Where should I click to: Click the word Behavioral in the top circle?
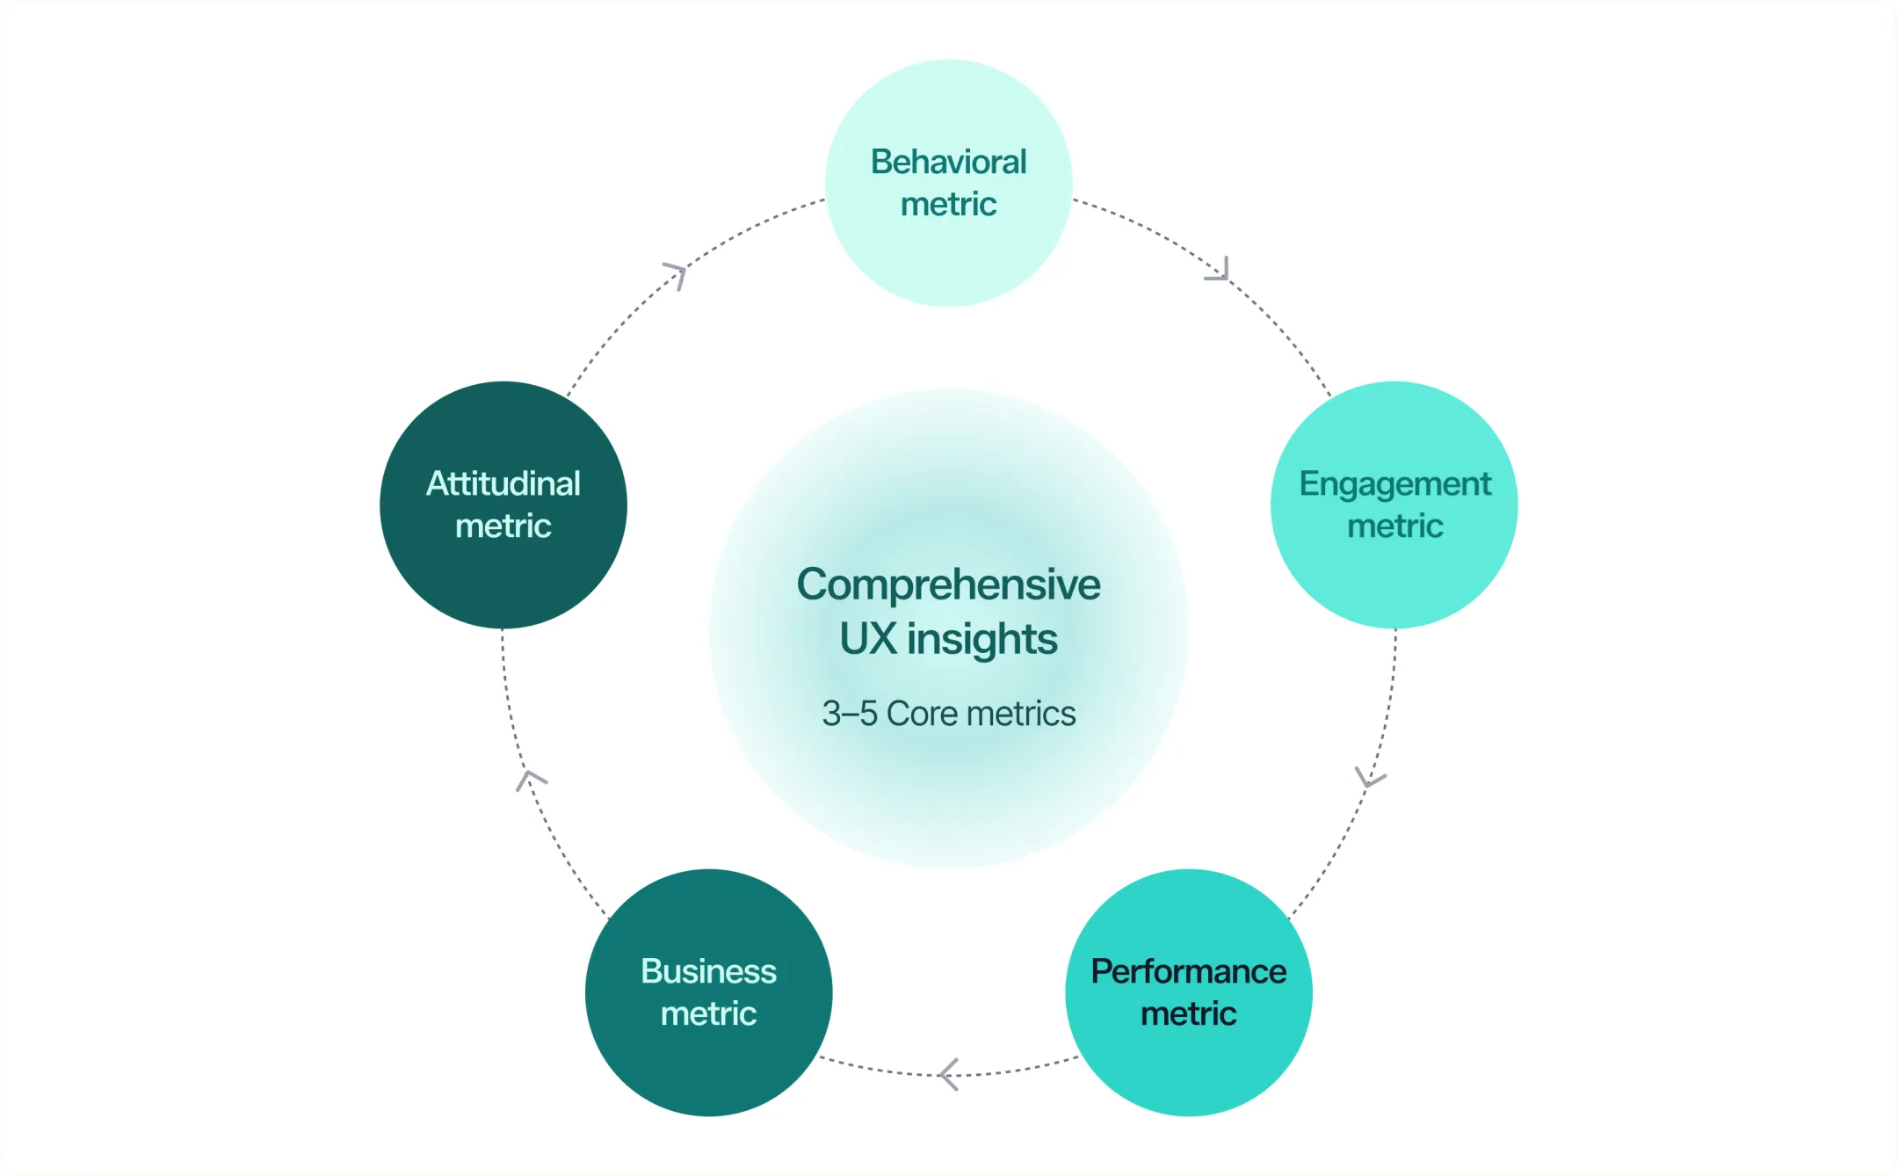(x=948, y=162)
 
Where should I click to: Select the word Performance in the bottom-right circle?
(x=1188, y=971)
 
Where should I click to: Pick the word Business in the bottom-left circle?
(x=708, y=971)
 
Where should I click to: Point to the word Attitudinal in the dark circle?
(x=503, y=483)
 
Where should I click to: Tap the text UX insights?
(x=948, y=639)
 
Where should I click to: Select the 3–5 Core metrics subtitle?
(x=948, y=714)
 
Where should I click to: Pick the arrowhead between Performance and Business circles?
(x=948, y=1074)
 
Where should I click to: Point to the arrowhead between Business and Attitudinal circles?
(x=530, y=780)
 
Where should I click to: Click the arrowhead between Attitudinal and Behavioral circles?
(x=675, y=274)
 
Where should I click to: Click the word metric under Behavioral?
(x=948, y=205)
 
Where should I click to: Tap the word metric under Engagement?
(x=1395, y=526)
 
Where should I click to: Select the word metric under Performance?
(x=1188, y=1014)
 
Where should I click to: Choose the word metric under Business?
(x=708, y=1014)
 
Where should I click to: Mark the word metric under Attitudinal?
(x=503, y=526)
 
